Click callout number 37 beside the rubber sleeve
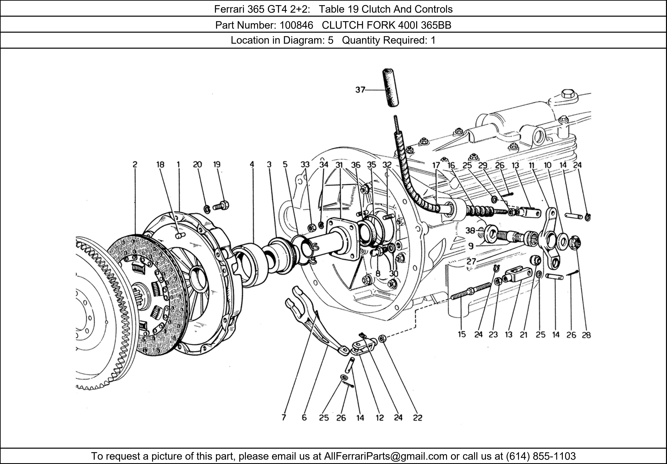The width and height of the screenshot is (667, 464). click(x=360, y=90)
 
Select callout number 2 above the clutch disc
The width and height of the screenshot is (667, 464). click(x=135, y=165)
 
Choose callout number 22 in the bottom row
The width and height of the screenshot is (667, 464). click(x=417, y=417)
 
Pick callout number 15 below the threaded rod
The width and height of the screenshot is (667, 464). click(x=462, y=334)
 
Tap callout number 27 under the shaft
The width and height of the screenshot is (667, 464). click(x=471, y=261)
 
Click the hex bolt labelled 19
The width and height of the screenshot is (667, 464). click(x=222, y=206)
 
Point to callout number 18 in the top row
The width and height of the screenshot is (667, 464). click(x=160, y=165)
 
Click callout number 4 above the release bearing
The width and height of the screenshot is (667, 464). click(x=252, y=165)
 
